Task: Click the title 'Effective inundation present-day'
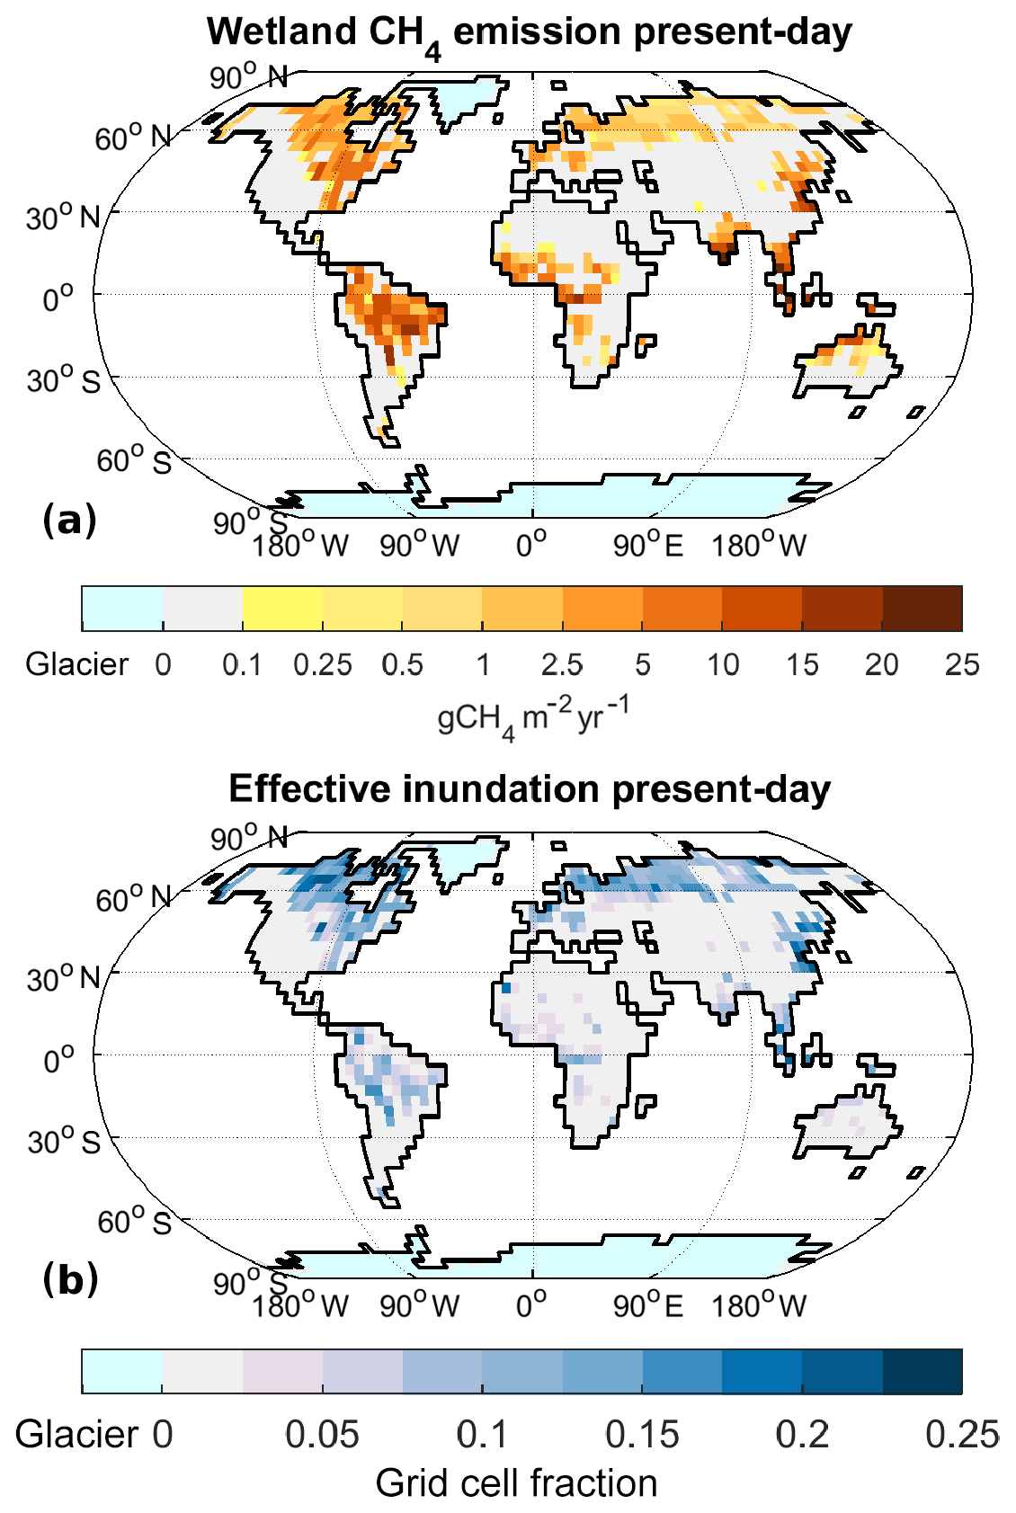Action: pyautogui.click(x=529, y=789)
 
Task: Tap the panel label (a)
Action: pyautogui.click(x=69, y=521)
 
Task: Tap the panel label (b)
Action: pyautogui.click(x=70, y=1280)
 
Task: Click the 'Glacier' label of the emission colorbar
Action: pyautogui.click(x=77, y=665)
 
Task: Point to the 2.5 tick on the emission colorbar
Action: pyautogui.click(x=562, y=665)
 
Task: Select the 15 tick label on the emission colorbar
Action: pyautogui.click(x=802, y=665)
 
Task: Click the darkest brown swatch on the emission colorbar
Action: pyautogui.click(x=922, y=609)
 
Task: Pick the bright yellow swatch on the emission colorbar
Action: pyautogui.click(x=282, y=609)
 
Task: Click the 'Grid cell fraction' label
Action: pyautogui.click(x=516, y=1483)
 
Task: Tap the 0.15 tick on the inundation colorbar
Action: pyautogui.click(x=642, y=1435)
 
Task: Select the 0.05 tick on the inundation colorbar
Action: pyautogui.click(x=322, y=1435)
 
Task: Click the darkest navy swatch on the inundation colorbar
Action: pyautogui.click(x=922, y=1371)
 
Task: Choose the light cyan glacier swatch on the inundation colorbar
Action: pyautogui.click(x=121, y=1371)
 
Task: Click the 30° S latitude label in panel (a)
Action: pyautogui.click(x=63, y=381)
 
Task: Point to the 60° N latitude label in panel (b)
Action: pyautogui.click(x=133, y=898)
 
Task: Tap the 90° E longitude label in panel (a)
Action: pyautogui.click(x=647, y=546)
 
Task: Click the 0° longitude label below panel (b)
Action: pyautogui.click(x=531, y=1305)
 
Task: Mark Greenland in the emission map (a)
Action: pyautogui.click(x=463, y=98)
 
